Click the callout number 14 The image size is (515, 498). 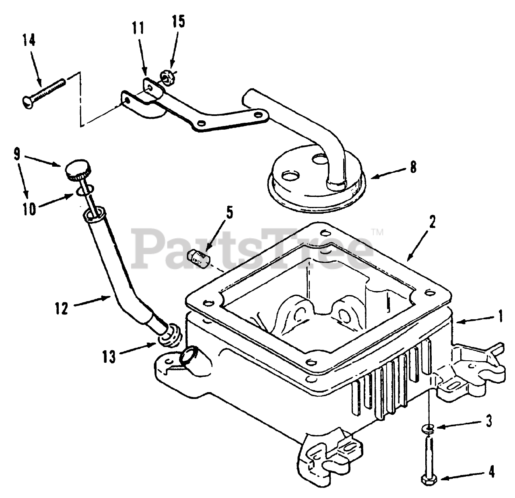point(29,41)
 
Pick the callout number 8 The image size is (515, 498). point(413,167)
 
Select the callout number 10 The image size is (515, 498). point(29,209)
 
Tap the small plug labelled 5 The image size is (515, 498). point(199,258)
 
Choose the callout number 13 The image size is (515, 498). point(109,357)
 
